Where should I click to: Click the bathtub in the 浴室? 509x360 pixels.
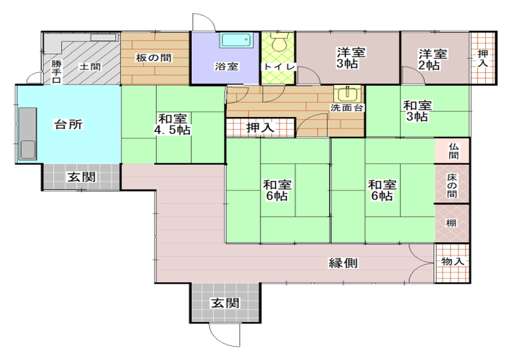(236, 40)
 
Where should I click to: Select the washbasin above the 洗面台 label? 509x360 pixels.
(348, 94)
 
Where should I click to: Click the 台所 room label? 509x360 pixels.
(69, 124)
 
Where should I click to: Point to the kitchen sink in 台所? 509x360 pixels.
(27, 134)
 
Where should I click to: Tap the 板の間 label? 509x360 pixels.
(154, 58)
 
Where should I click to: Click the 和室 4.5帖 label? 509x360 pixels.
(172, 124)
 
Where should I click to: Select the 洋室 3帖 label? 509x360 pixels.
(351, 58)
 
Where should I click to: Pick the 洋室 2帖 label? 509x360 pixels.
(432, 60)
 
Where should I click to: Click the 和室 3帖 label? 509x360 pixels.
(418, 111)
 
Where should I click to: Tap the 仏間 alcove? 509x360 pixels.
(452, 151)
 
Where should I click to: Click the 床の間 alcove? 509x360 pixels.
(452, 184)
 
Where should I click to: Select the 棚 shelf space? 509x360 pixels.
(452, 223)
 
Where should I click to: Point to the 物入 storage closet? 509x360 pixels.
(453, 263)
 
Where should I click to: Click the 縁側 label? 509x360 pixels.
(343, 262)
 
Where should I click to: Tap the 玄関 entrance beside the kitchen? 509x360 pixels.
(81, 177)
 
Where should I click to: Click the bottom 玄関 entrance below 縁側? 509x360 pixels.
(225, 302)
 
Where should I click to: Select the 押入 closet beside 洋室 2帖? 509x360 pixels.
(483, 58)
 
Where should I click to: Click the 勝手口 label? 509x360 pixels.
(56, 72)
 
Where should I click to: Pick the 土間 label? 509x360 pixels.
(91, 67)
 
